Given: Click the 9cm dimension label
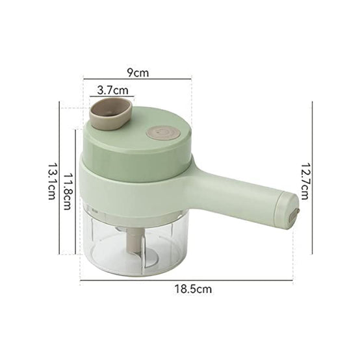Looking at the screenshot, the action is pos(138,72).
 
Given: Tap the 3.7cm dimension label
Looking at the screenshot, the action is pos(112,90).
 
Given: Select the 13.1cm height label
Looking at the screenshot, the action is pos(52,181).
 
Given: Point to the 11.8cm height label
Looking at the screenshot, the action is pos(68,191).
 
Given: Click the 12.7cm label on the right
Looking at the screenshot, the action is pos(305,181).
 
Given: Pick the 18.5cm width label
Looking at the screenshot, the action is pos(193,289).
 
